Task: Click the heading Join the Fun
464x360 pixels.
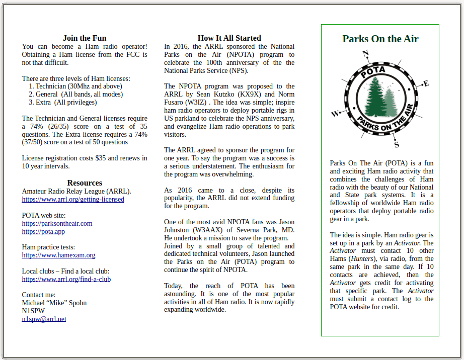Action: (x=85, y=38)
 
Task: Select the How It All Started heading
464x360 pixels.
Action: (x=229, y=38)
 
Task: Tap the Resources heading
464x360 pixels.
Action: (x=85, y=183)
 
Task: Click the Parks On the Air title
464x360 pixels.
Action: (x=380, y=39)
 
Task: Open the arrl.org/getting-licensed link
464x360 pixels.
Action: (x=73, y=200)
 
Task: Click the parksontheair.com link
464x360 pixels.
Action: (x=57, y=223)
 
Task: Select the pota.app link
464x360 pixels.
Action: (x=43, y=231)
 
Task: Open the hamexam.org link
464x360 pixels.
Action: (x=58, y=255)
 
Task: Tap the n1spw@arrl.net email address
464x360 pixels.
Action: (x=44, y=319)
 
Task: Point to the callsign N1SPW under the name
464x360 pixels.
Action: (x=33, y=311)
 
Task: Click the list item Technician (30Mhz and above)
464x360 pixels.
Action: (x=79, y=86)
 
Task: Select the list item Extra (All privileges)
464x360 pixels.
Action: (x=66, y=103)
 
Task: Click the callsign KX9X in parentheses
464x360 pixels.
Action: (x=251, y=95)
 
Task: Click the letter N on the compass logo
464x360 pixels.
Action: (x=366, y=53)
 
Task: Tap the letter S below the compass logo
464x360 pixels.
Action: (x=397, y=145)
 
